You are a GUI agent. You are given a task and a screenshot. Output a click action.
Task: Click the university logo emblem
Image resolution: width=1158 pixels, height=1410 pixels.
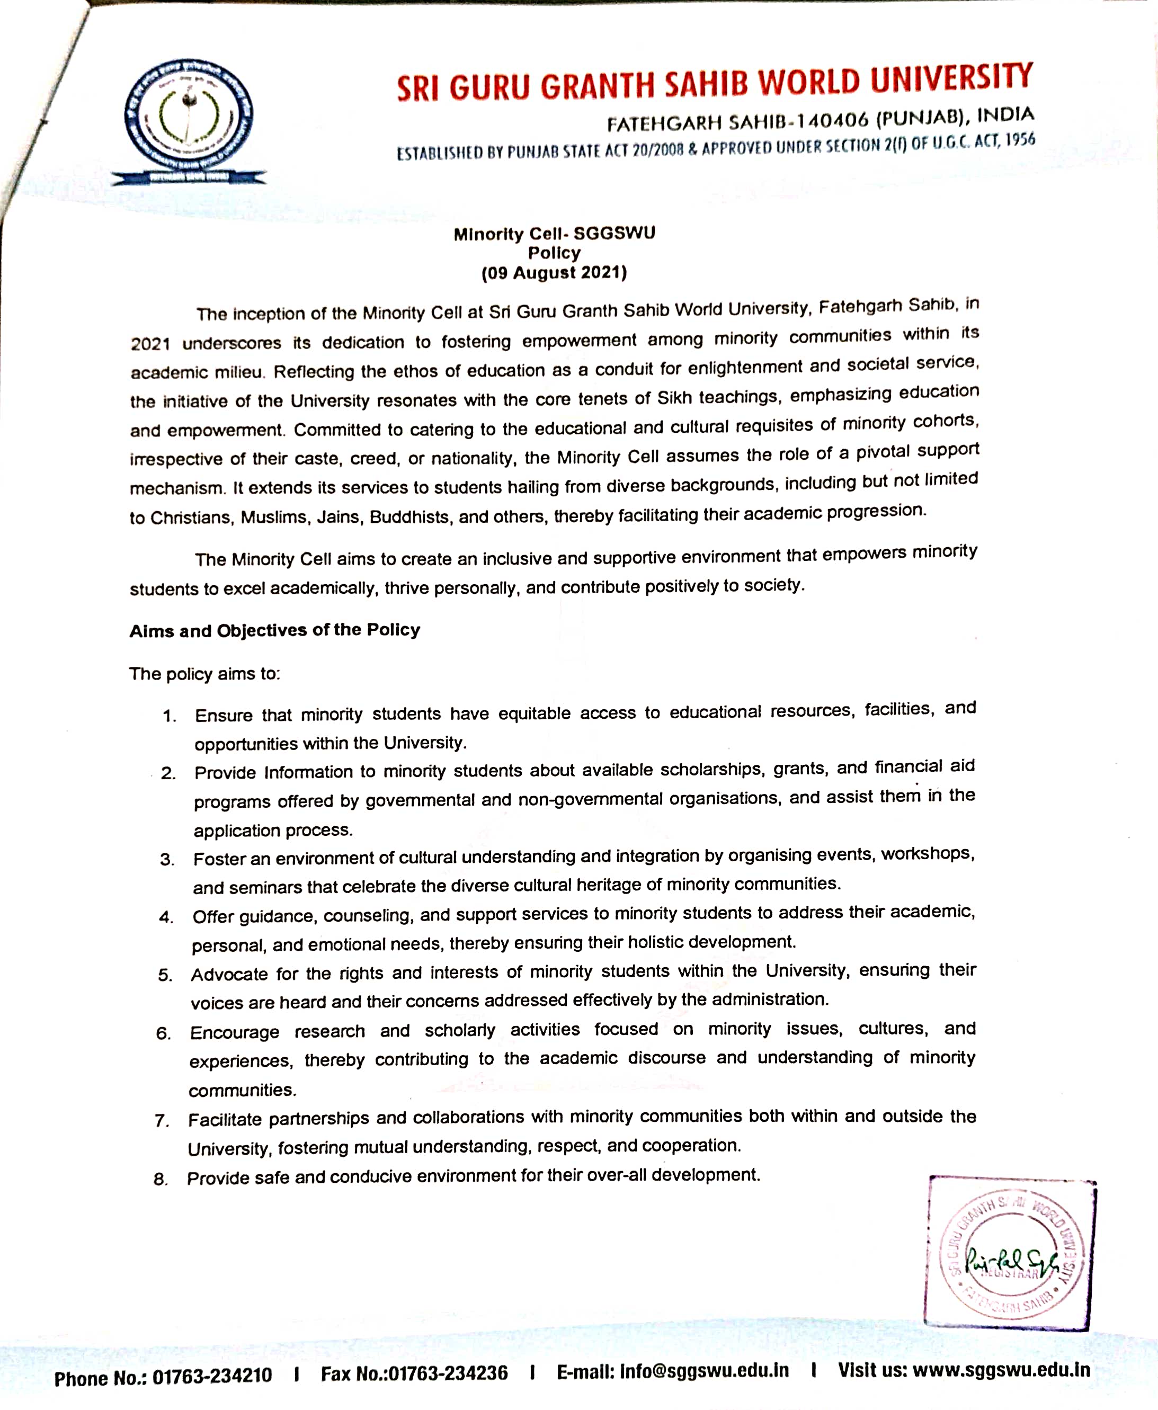(x=189, y=120)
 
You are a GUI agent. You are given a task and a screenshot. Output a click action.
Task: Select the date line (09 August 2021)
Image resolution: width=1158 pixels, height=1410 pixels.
(x=554, y=273)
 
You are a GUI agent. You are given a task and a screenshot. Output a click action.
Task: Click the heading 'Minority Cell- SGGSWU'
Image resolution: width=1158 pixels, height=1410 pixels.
(x=554, y=234)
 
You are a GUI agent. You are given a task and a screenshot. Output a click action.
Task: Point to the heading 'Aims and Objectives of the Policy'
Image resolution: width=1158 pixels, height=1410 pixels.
(x=275, y=630)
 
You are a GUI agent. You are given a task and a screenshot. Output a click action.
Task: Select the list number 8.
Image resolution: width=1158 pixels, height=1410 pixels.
(x=160, y=1179)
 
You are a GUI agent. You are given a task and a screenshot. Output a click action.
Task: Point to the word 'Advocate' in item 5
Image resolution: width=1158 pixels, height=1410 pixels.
(x=229, y=975)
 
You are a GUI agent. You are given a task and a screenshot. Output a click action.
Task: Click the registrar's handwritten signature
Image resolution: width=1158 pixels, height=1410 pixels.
(x=1011, y=1259)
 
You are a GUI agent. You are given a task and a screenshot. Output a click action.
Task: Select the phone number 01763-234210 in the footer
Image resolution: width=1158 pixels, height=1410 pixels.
(x=212, y=1376)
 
